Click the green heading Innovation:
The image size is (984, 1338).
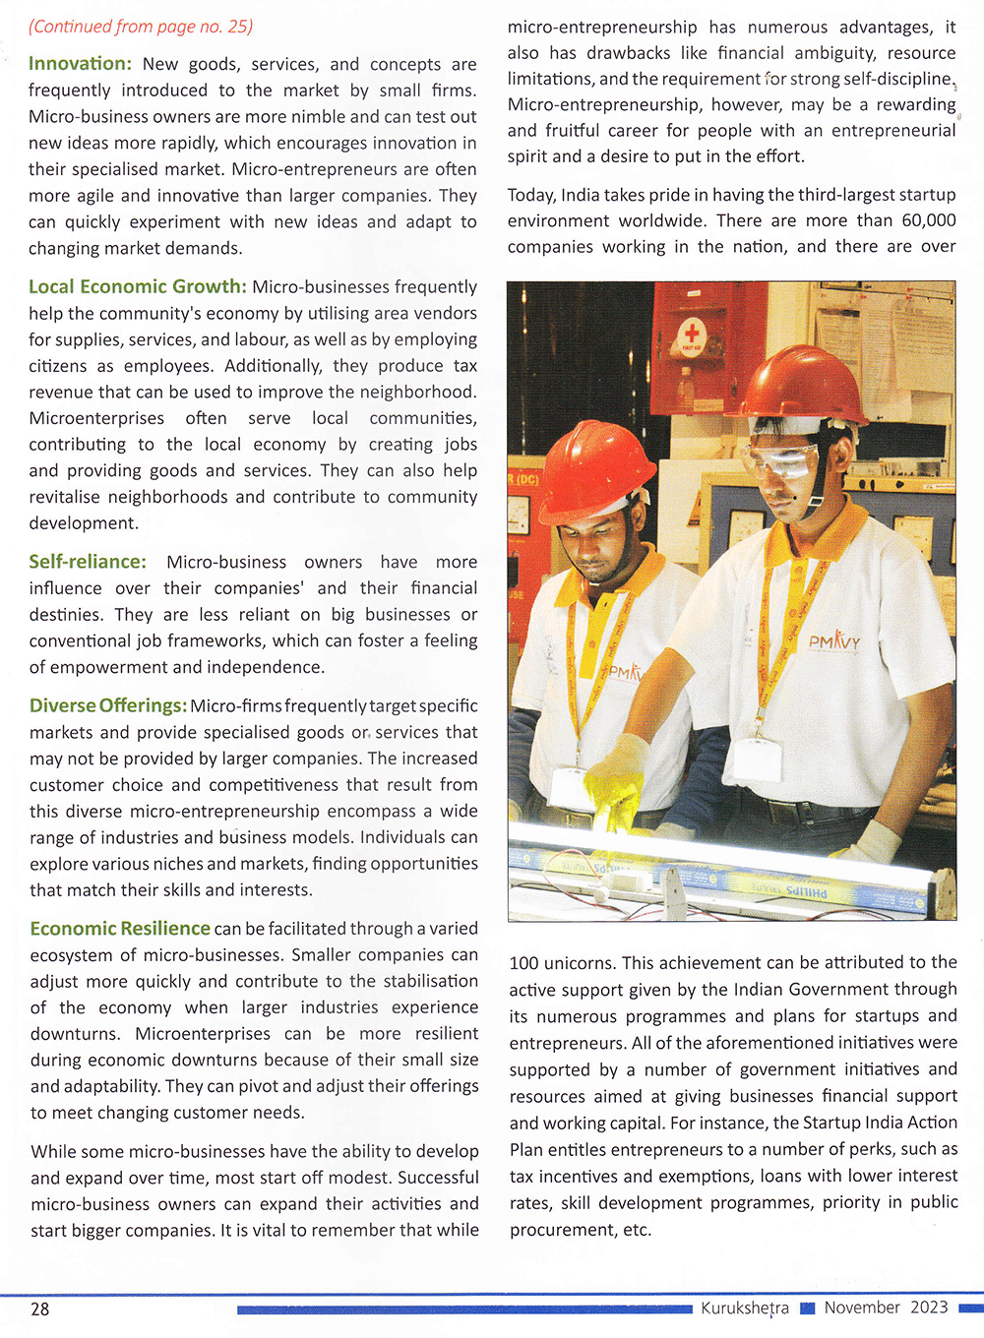pos(80,64)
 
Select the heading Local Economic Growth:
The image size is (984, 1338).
pos(138,286)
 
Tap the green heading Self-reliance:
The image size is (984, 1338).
pos(88,562)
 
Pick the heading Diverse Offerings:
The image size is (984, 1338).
pos(108,705)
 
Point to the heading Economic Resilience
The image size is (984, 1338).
pos(120,929)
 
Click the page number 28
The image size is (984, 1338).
pos(40,1308)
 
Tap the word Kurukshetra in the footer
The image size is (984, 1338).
pos(745,1308)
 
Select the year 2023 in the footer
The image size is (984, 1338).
pos(929,1308)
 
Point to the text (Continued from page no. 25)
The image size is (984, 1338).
pos(141,27)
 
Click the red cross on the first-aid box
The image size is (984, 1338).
pos(691,333)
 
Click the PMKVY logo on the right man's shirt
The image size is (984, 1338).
pos(834,641)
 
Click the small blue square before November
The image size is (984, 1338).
pos(808,1308)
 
